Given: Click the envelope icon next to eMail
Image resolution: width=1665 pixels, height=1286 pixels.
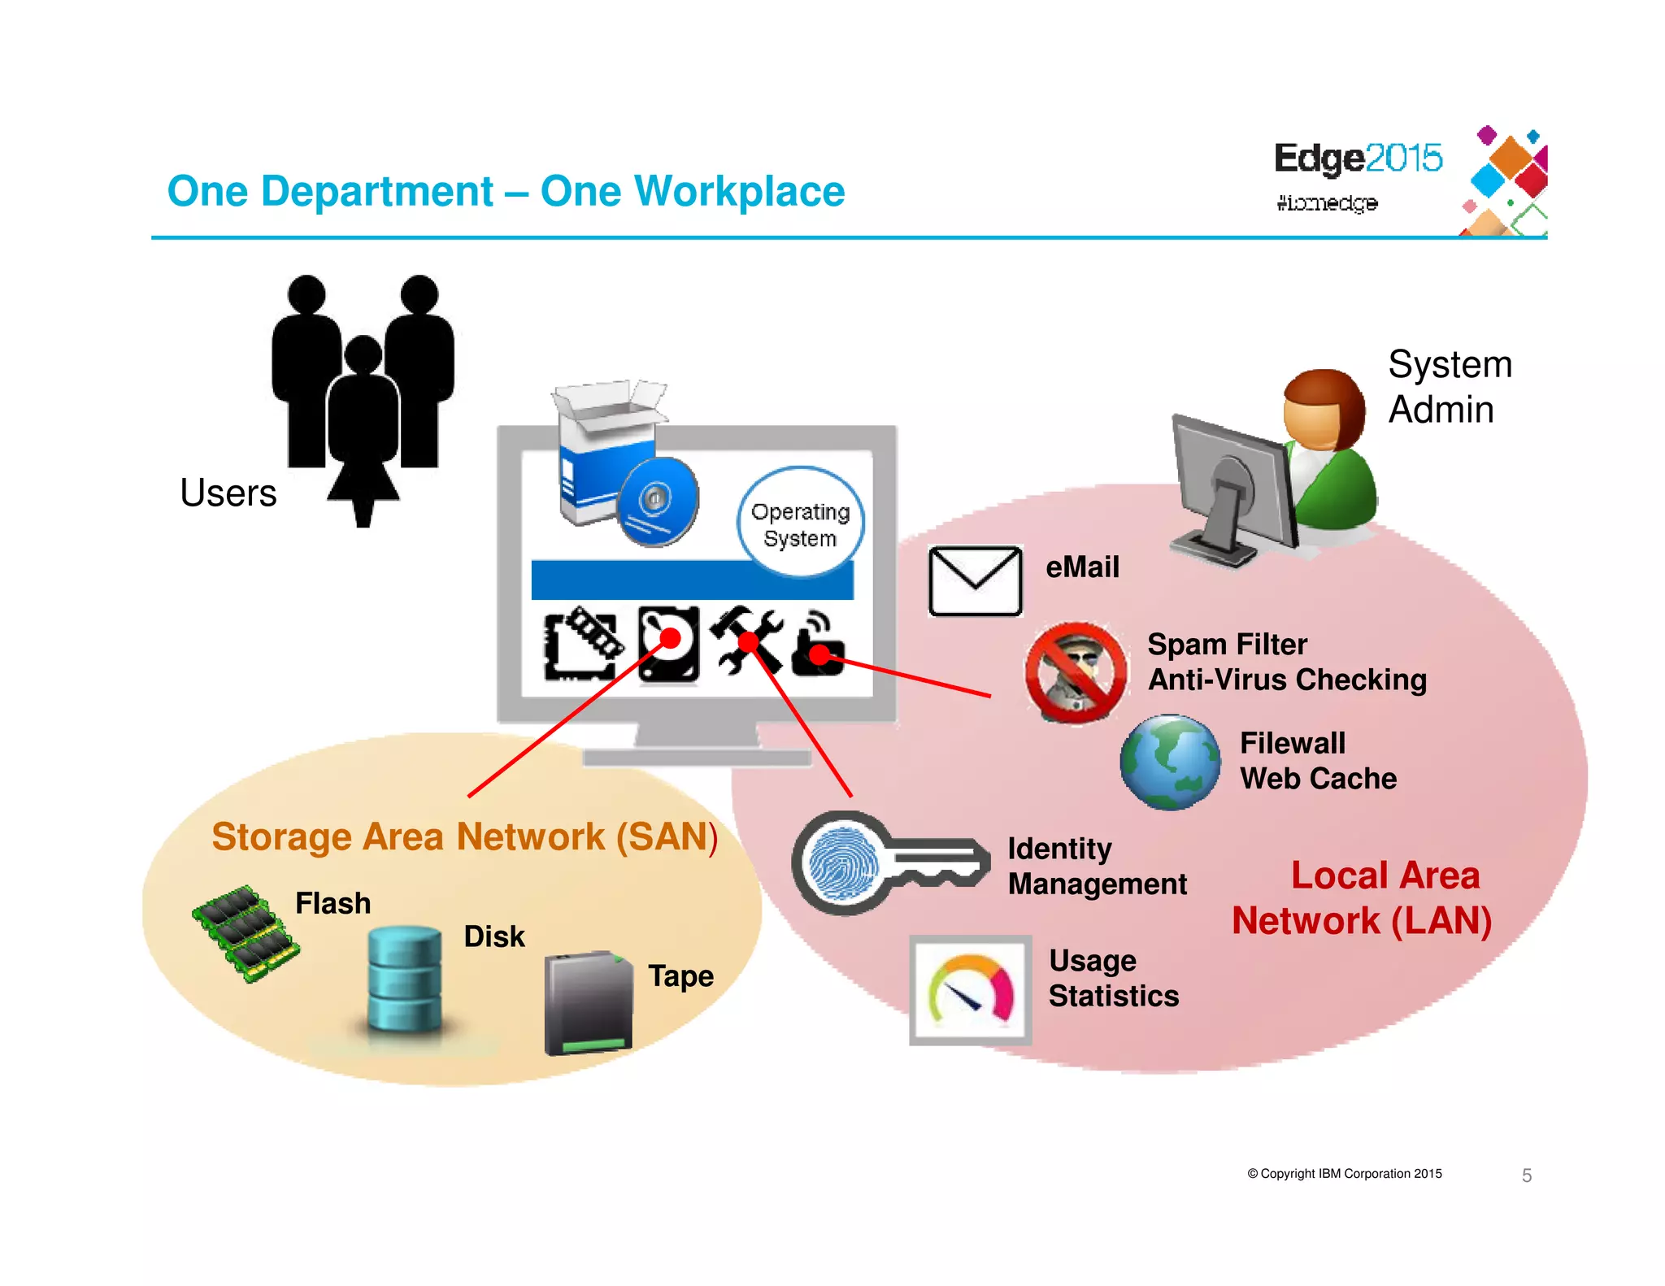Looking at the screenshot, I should tap(975, 581).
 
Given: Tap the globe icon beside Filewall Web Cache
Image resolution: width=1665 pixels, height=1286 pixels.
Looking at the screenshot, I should tap(1170, 762).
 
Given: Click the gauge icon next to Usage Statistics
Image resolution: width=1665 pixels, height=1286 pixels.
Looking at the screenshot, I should tap(970, 989).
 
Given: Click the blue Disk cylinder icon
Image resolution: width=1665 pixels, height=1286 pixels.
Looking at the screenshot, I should tap(404, 979).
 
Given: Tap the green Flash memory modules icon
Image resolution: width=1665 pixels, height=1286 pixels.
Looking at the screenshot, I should tap(246, 933).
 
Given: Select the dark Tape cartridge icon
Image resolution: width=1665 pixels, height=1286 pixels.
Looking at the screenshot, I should tap(588, 1004).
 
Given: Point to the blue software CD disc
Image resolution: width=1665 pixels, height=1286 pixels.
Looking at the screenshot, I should tap(657, 501).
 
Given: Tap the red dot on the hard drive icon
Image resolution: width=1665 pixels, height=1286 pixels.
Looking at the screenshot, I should tap(670, 637).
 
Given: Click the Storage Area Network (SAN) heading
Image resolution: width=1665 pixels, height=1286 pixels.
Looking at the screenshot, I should tap(464, 836).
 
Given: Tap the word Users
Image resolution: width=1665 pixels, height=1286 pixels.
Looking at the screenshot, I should tap(228, 493).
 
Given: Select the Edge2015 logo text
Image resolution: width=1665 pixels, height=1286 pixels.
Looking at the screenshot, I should tap(1357, 158).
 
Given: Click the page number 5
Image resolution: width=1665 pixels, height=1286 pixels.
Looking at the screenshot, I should tap(1526, 1175).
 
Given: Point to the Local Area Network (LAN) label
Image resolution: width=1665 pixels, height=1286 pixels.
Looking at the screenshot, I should tap(1363, 898).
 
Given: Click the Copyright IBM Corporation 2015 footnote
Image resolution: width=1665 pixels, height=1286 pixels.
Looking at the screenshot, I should tap(1345, 1174).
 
